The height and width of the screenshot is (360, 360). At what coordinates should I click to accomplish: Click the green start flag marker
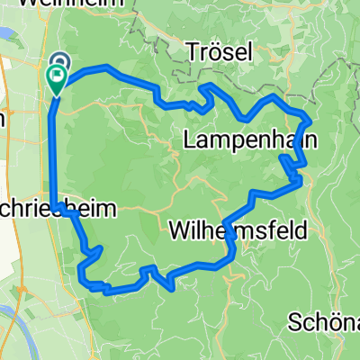(55, 82)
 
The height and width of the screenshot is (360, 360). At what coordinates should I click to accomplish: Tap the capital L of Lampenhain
(187, 139)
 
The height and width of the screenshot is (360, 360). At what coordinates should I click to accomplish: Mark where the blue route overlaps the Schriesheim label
(58, 209)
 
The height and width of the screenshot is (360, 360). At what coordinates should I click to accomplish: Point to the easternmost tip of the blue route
(310, 119)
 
